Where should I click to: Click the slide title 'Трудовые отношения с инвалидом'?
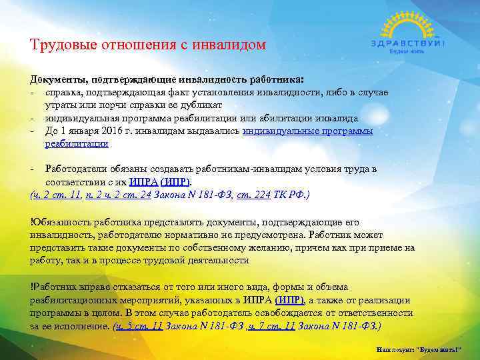(147, 45)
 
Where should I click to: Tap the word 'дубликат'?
(202, 105)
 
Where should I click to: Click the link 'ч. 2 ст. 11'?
(57, 195)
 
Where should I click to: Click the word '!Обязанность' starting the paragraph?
(58, 222)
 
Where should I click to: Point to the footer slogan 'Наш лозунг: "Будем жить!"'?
(424, 349)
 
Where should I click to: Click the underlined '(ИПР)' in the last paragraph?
(289, 300)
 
